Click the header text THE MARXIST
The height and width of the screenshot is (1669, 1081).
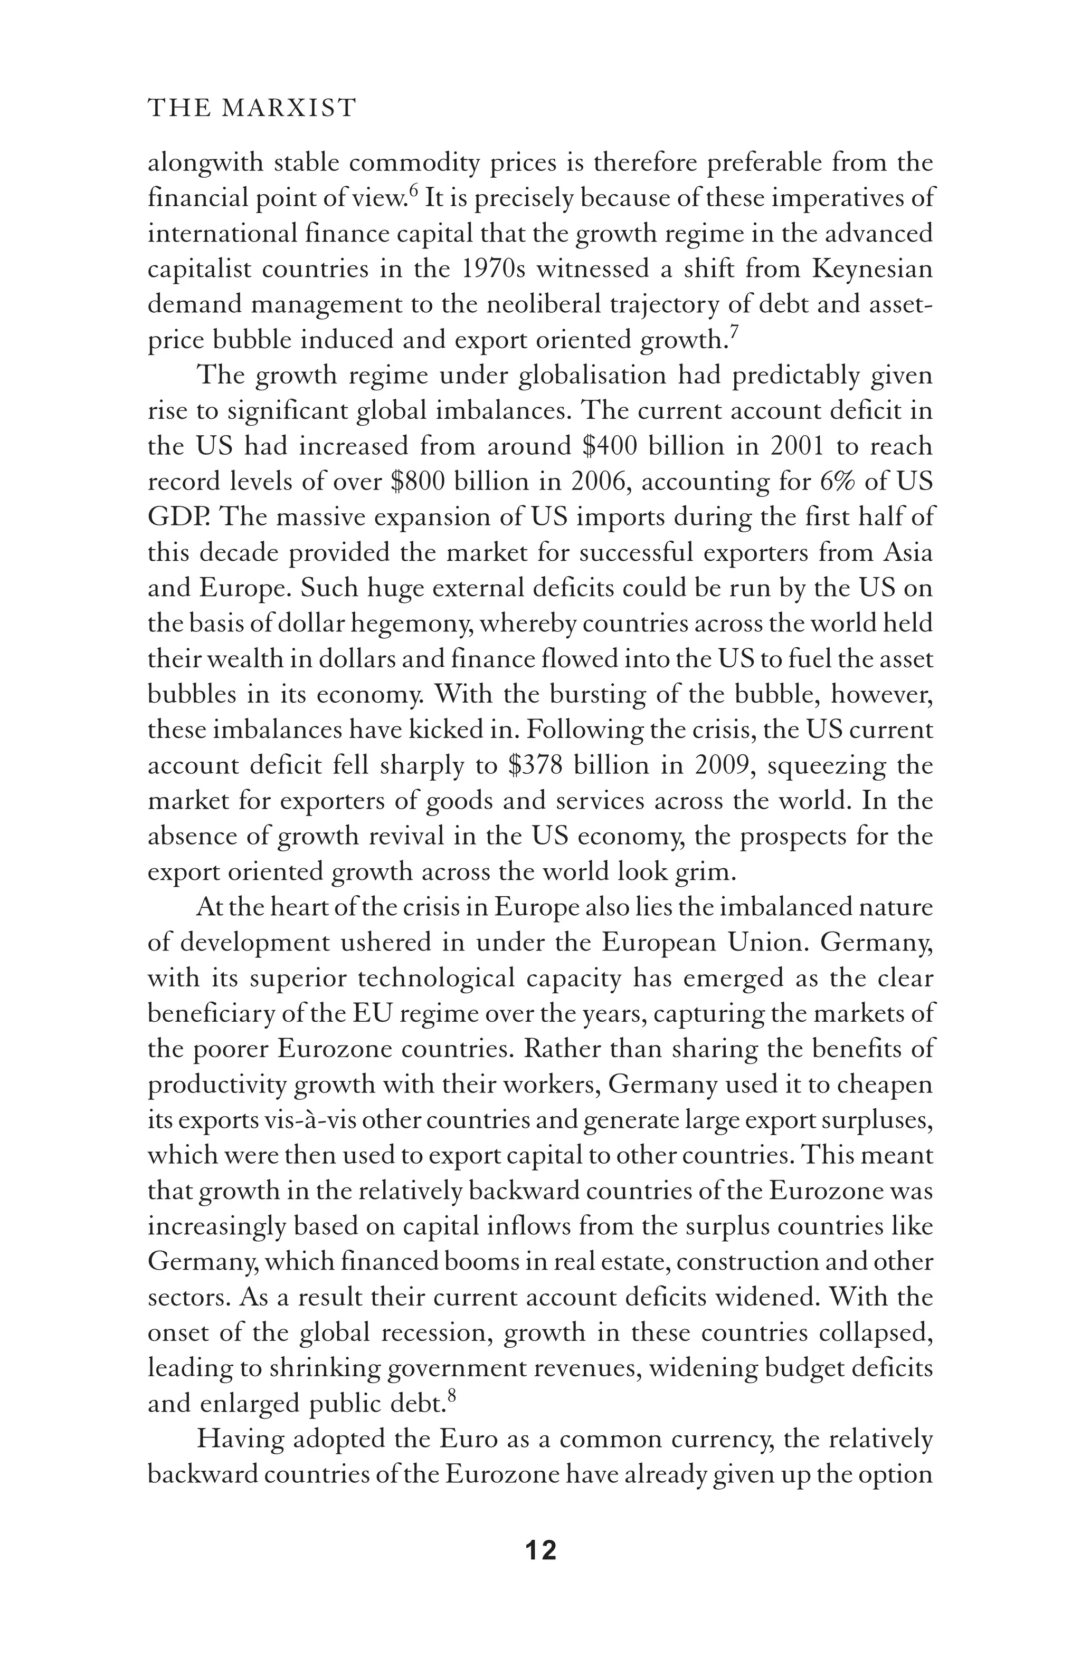(252, 108)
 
